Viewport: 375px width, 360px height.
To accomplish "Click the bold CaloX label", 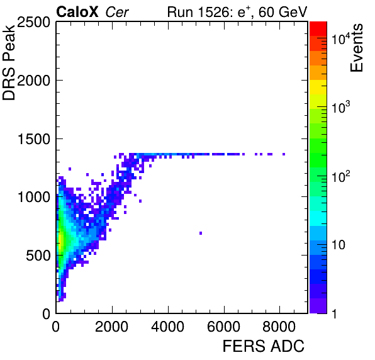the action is pos(77,12).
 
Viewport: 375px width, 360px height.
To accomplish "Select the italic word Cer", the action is pos(117,12).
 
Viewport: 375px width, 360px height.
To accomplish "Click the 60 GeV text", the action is pos(283,12).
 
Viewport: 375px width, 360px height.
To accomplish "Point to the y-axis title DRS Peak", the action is pos(9,62).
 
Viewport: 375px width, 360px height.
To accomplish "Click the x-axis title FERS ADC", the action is pos(263,346).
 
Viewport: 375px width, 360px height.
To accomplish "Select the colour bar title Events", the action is pos(356,48).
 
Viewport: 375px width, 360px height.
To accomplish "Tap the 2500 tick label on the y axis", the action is pos(33,23).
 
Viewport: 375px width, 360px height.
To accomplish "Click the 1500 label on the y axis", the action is pos(34,139).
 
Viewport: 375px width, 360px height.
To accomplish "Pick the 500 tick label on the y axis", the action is pos(38,256).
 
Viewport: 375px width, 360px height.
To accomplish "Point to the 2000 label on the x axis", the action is pos(111,327).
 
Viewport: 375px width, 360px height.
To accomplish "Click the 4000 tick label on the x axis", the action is pos(167,327).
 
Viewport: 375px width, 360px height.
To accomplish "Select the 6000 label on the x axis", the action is pos(223,327).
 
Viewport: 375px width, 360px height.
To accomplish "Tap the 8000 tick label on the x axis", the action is pos(279,327).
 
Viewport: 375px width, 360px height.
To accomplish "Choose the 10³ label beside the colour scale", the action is pos(341,107).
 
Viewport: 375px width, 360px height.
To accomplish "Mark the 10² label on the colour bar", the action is pos(341,176).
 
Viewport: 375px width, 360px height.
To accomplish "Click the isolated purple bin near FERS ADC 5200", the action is pos(201,233).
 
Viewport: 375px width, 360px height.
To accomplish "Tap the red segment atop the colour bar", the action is pos(318,29).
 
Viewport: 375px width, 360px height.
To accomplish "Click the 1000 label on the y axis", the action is pos(34,198).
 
